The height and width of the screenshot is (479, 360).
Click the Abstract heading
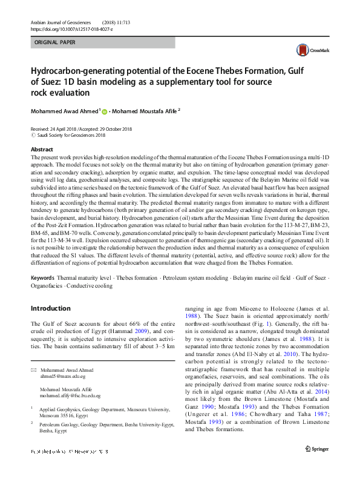pos(42,149)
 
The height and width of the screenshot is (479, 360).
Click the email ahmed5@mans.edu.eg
pos(62,376)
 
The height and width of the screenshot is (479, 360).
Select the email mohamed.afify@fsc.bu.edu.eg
pos(70,395)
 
